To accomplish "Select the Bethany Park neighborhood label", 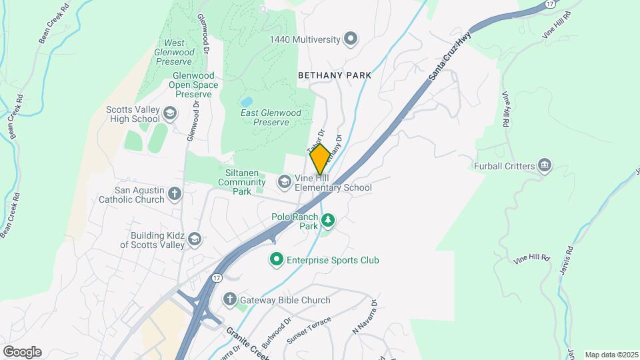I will click(x=335, y=76).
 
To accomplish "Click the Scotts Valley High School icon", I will click(x=170, y=113).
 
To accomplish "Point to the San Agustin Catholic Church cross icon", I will click(x=175, y=194).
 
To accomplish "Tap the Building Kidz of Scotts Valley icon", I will click(x=194, y=239).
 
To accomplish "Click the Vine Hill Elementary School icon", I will click(x=285, y=182).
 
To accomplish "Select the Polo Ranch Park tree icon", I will click(x=327, y=221).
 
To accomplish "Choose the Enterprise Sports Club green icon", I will click(x=275, y=259).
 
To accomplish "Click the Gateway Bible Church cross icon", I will click(x=230, y=299).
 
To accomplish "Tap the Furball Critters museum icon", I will click(x=545, y=165).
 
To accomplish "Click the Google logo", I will click(x=22, y=352).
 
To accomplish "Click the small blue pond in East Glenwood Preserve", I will click(x=247, y=102).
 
